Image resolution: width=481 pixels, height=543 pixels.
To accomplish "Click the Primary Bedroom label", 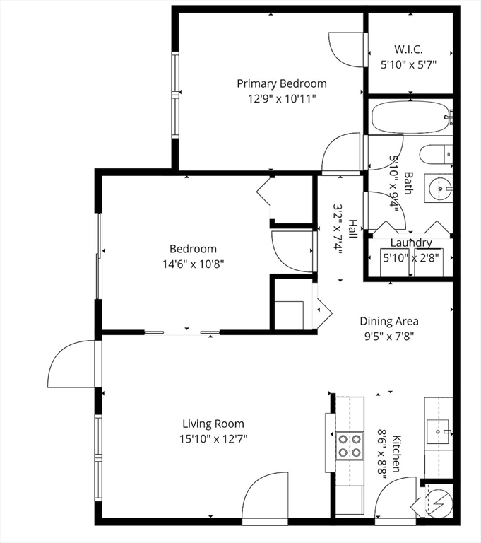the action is pyautogui.click(x=282, y=84).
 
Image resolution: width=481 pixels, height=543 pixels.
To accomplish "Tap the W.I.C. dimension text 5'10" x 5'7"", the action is pyautogui.click(x=408, y=65).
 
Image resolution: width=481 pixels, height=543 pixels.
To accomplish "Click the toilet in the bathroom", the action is pyautogui.click(x=436, y=154).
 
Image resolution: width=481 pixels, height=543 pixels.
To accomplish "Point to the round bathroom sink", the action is pyautogui.click(x=440, y=188).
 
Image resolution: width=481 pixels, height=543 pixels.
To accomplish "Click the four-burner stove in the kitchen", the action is pyautogui.click(x=350, y=445).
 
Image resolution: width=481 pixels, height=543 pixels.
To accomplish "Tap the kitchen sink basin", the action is pyautogui.click(x=437, y=431).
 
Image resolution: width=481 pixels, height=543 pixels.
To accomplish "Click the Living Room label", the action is pyautogui.click(x=213, y=424).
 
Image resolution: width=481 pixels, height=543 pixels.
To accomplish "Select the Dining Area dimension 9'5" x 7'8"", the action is pyautogui.click(x=389, y=337).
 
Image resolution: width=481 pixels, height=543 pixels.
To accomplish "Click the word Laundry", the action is pyautogui.click(x=411, y=243).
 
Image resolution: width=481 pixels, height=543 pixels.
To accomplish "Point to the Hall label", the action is pyautogui.click(x=352, y=229).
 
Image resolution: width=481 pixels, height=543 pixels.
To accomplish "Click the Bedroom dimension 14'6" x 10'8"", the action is pyautogui.click(x=194, y=264).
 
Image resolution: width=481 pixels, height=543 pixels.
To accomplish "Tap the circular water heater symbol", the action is pyautogui.click(x=438, y=503).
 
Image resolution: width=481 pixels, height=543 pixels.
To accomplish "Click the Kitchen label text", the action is pyautogui.click(x=396, y=453).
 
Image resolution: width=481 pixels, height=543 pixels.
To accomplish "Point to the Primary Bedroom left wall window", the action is pyautogui.click(x=175, y=95).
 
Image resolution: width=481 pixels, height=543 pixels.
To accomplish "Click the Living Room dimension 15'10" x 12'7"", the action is pyautogui.click(x=213, y=440).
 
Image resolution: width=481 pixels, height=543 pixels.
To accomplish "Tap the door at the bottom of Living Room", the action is pyautogui.click(x=265, y=499).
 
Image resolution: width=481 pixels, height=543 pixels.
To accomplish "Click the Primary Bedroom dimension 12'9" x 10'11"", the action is pyautogui.click(x=282, y=100).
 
